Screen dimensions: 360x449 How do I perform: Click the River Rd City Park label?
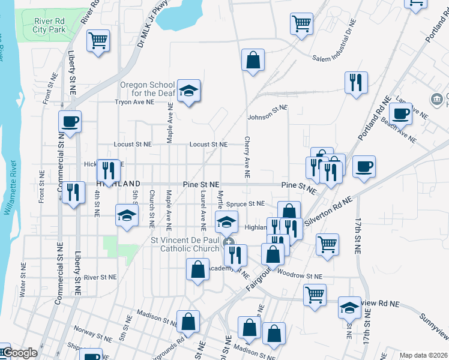click(x=41, y=25)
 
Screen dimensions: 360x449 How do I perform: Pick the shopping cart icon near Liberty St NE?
click(x=97, y=41)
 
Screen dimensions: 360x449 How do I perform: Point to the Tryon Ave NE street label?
click(x=134, y=102)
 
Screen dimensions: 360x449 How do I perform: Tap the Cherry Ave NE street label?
click(x=247, y=157)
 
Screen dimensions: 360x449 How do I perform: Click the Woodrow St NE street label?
click(x=301, y=277)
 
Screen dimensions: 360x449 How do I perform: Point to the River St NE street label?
click(x=101, y=277)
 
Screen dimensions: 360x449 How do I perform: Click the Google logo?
click(x=20, y=353)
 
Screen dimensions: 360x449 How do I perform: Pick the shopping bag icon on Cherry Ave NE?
click(x=253, y=60)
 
